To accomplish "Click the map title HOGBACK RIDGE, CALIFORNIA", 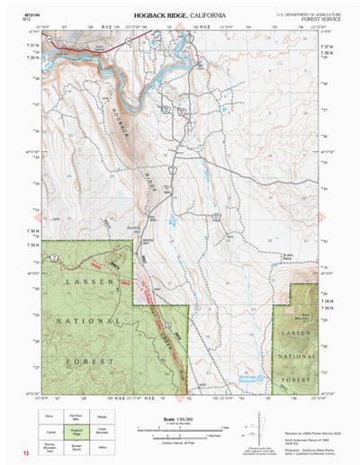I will coord(180,15).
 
